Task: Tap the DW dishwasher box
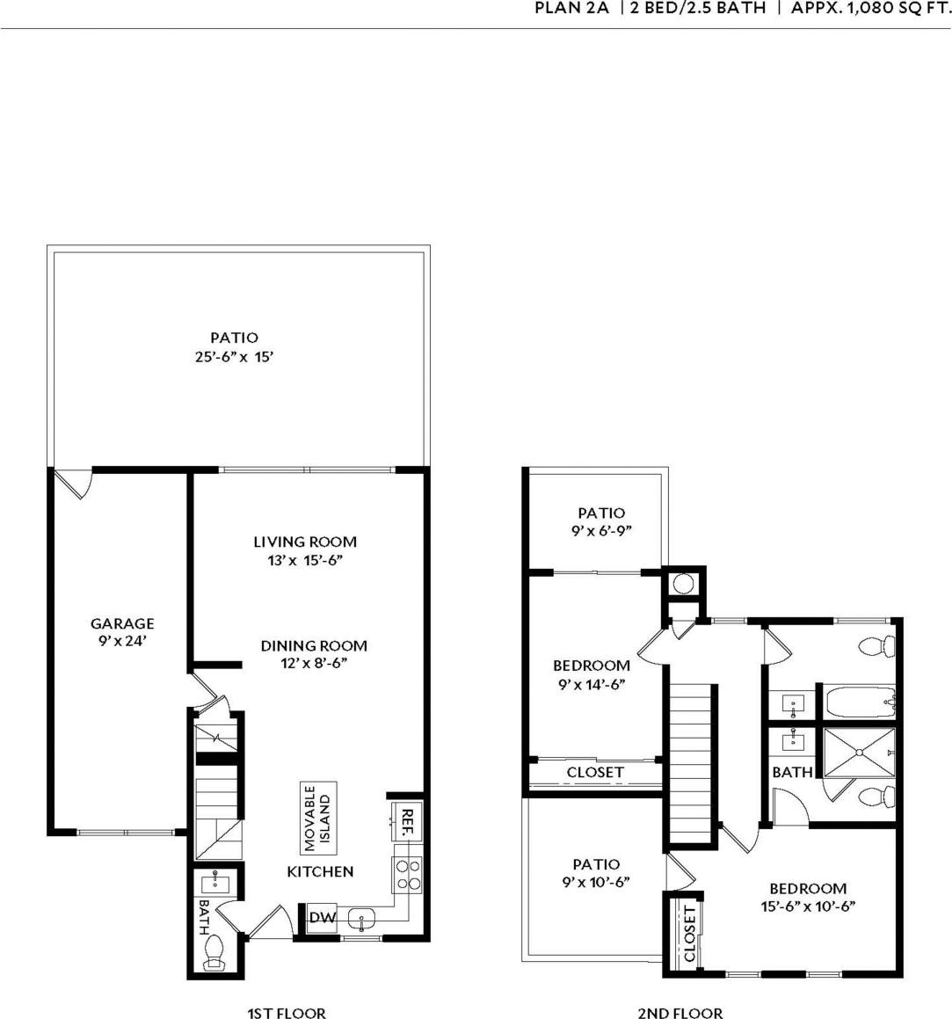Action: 322,918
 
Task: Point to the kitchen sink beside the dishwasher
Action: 362,920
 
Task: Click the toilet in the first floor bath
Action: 214,952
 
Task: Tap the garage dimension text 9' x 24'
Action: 122,641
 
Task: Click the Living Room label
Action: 305,542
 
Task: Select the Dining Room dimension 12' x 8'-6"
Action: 314,663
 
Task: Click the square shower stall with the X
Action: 858,753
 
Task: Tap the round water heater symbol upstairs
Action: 684,584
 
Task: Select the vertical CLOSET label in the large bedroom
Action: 688,934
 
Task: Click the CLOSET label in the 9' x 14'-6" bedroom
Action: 595,773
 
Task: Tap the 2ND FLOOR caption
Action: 679,1014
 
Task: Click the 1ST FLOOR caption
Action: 286,1014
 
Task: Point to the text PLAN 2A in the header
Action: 571,10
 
